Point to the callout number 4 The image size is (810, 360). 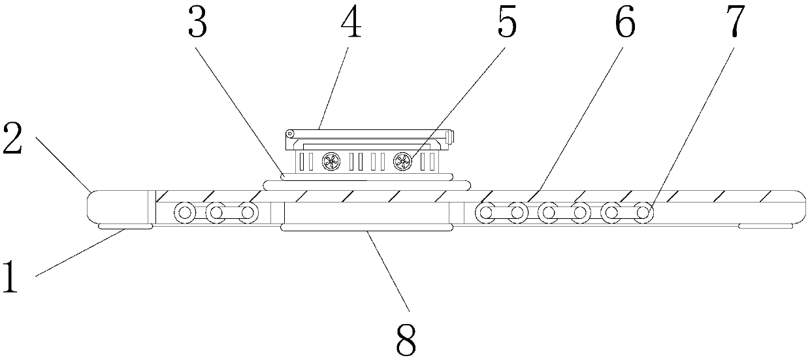pos(350,24)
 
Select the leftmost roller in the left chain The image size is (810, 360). pos(184,212)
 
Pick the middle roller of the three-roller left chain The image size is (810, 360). pos(216,212)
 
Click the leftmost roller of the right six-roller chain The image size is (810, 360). pos(485,212)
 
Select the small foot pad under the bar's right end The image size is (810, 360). pos(766,226)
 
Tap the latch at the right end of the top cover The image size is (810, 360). pos(449,137)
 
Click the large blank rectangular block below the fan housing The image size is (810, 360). pos(366,212)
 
